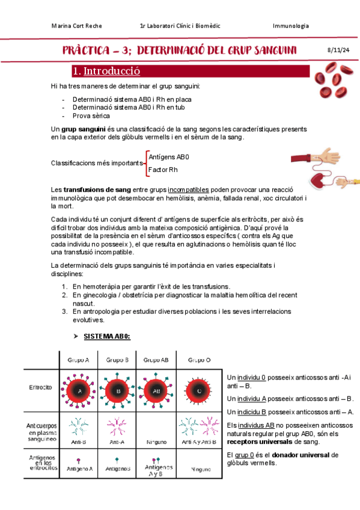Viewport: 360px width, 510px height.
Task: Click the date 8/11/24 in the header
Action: tap(338, 50)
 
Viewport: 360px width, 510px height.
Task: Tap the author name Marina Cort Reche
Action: tap(77, 26)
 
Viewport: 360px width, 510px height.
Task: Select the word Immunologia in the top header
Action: tap(291, 26)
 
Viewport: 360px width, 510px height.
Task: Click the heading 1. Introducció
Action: tap(106, 71)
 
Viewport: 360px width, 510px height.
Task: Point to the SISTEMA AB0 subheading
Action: tap(107, 336)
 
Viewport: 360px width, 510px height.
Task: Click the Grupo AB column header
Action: tap(156, 360)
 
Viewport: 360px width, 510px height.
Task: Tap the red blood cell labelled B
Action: tap(118, 391)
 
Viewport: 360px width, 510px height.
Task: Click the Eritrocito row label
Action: tap(41, 387)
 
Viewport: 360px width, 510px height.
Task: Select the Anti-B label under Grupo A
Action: tap(79, 442)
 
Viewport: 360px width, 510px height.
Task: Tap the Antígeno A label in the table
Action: tap(79, 469)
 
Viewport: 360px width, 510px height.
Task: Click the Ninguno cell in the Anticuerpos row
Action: tap(156, 443)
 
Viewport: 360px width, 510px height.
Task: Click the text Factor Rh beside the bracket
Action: tap(163, 170)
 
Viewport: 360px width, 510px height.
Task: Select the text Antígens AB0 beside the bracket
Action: tap(169, 157)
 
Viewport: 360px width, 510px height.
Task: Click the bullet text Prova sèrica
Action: tap(91, 116)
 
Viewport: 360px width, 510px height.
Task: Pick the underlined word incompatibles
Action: tap(188, 189)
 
